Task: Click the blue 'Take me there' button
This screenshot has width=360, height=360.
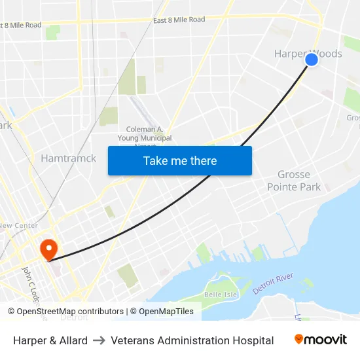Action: click(x=180, y=160)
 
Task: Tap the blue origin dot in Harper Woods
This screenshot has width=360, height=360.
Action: click(x=312, y=60)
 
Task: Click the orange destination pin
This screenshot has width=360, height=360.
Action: click(x=48, y=249)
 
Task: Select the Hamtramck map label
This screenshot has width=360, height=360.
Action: click(x=68, y=158)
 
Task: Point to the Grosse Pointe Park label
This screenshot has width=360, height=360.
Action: click(x=294, y=181)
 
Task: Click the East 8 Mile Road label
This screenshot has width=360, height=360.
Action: click(x=179, y=20)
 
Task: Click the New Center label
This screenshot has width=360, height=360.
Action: click(x=18, y=225)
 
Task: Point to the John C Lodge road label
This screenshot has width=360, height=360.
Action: click(x=30, y=283)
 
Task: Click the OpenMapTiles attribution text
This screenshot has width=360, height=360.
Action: click(x=166, y=312)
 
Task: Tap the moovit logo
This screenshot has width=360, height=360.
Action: click(x=321, y=340)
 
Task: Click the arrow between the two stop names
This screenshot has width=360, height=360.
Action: click(x=99, y=340)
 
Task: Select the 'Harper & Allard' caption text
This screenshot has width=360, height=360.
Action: click(x=50, y=340)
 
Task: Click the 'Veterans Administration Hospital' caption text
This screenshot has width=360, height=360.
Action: click(x=192, y=340)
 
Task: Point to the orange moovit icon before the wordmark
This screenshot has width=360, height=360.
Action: click(x=299, y=339)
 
